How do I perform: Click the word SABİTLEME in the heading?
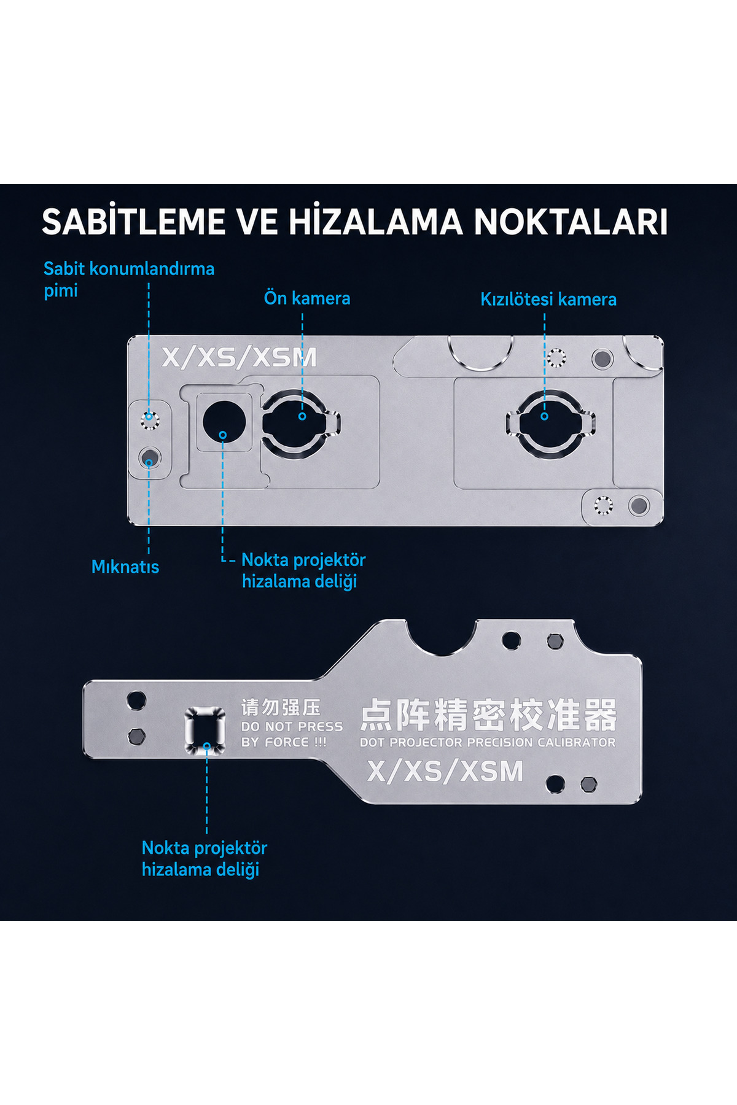133,222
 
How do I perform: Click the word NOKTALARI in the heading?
571,222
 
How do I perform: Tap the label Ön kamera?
307,298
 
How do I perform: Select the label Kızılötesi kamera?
548,300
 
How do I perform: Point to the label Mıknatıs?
125,567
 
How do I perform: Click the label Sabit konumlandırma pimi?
129,279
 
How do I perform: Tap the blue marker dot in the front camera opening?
302,416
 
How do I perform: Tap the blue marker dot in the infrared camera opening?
544,416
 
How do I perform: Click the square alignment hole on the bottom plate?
205,730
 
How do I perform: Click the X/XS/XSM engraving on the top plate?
240,357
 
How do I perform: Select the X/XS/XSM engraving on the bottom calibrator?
445,771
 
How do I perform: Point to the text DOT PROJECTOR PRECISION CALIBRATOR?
488,742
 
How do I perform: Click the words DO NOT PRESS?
292,727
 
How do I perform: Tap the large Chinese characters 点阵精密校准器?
488,715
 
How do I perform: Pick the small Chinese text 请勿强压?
281,708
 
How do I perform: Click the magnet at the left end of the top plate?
149,457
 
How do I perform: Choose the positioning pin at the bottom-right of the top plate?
603,505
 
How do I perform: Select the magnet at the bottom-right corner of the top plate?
639,506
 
